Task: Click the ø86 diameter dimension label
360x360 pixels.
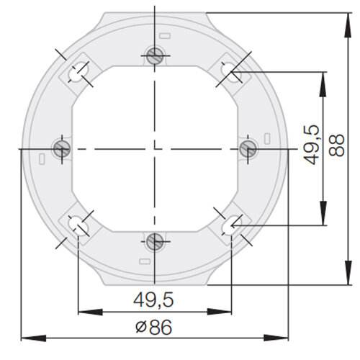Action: click(x=154, y=327)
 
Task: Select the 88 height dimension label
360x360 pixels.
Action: click(x=336, y=145)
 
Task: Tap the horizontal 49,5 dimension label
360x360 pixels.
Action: click(x=153, y=300)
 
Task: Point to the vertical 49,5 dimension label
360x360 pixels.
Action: click(x=311, y=145)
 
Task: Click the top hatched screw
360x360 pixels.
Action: click(x=155, y=55)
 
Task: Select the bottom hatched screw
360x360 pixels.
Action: click(x=155, y=241)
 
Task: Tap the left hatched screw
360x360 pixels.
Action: click(x=62, y=148)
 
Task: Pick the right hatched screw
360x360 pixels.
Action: click(x=248, y=148)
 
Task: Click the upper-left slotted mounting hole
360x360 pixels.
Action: click(x=78, y=72)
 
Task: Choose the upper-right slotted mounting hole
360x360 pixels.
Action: click(x=231, y=72)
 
